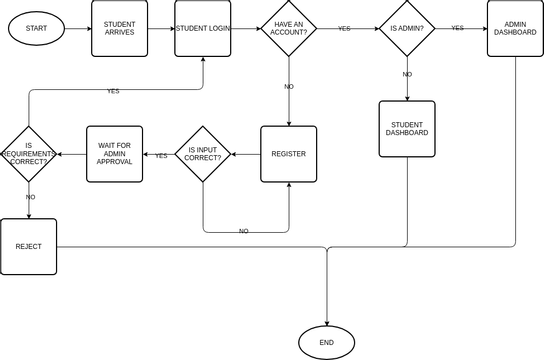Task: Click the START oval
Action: [x=36, y=28]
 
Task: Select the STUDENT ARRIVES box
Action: [x=119, y=28]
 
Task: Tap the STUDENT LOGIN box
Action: [x=203, y=28]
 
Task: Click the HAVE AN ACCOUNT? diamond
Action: [x=289, y=29]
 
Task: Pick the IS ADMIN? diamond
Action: [x=407, y=29]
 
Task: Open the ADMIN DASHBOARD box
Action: [x=515, y=28]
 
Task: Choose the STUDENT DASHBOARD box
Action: [x=407, y=128]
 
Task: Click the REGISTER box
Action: [x=288, y=154]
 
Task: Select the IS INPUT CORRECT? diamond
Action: [x=203, y=154]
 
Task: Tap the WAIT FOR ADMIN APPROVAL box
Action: [x=115, y=154]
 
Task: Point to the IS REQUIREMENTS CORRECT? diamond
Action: [x=28, y=154]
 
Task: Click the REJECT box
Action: [x=28, y=246]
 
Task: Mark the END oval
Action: [x=326, y=343]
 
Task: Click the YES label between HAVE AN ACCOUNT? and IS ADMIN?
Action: [x=344, y=29]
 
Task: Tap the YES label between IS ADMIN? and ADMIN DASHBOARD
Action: [x=457, y=28]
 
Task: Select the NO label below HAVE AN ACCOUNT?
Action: [x=289, y=87]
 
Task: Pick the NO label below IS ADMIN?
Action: [x=407, y=75]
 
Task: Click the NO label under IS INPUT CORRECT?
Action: [x=243, y=231]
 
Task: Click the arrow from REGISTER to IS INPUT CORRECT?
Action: [x=246, y=154]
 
